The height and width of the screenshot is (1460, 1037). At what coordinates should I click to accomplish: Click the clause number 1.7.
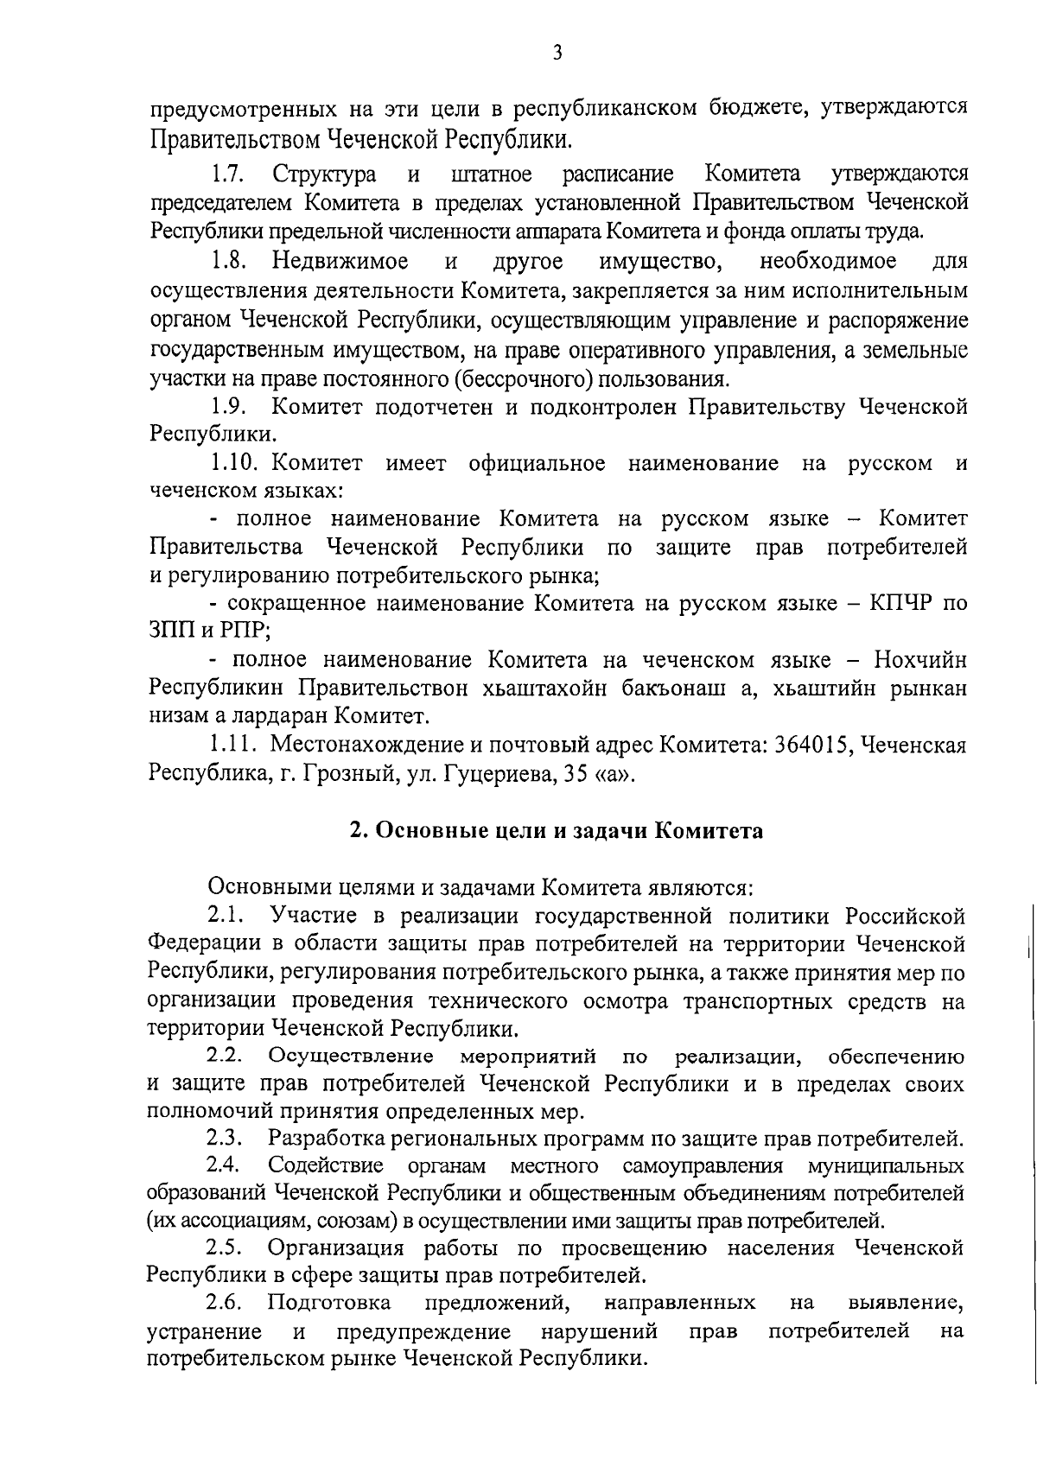pyautogui.click(x=226, y=175)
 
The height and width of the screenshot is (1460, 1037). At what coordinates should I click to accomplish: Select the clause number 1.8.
pyautogui.click(x=226, y=261)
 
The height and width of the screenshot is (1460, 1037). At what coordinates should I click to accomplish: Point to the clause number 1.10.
pyautogui.click(x=232, y=463)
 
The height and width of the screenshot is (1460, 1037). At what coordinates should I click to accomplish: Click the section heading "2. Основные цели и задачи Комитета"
pyautogui.click(x=557, y=830)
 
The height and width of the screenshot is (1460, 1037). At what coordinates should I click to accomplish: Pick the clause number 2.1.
pyautogui.click(x=226, y=915)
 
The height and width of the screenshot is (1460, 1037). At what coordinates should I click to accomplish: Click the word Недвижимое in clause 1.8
pyautogui.click(x=340, y=261)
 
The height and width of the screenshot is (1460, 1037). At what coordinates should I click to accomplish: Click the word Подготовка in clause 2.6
pyautogui.click(x=329, y=1302)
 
